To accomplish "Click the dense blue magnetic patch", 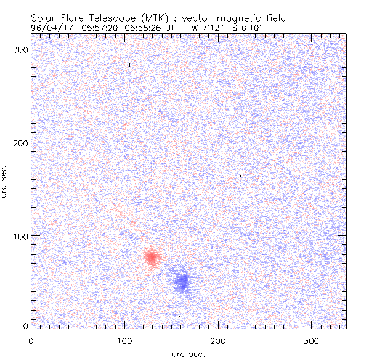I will coord(181,281).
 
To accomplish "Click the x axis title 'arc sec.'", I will coord(188,354).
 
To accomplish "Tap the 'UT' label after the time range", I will coord(171,27).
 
